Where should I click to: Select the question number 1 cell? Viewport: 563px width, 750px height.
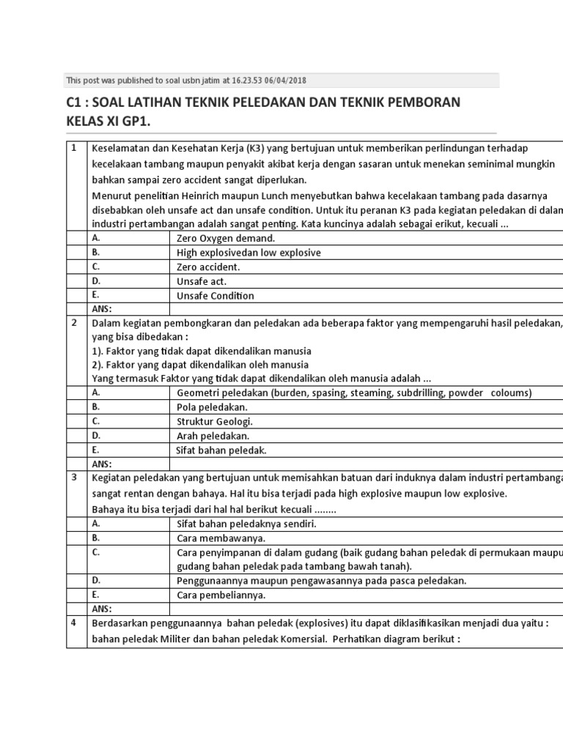(73, 148)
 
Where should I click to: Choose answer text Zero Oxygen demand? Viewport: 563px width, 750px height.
(226, 238)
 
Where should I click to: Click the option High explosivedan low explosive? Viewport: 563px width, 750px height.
(249, 253)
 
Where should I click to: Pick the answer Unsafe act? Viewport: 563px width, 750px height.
(202, 281)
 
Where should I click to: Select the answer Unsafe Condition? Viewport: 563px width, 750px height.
(216, 296)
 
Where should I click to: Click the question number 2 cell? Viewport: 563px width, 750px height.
(73, 322)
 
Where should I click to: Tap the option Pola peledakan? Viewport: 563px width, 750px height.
(212, 406)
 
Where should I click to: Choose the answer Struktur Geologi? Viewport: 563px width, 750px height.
(215, 421)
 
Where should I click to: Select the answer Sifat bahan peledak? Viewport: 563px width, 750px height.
(221, 450)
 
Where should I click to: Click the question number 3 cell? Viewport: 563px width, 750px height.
(73, 478)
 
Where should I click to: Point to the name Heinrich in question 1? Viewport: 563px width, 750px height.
(194, 195)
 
